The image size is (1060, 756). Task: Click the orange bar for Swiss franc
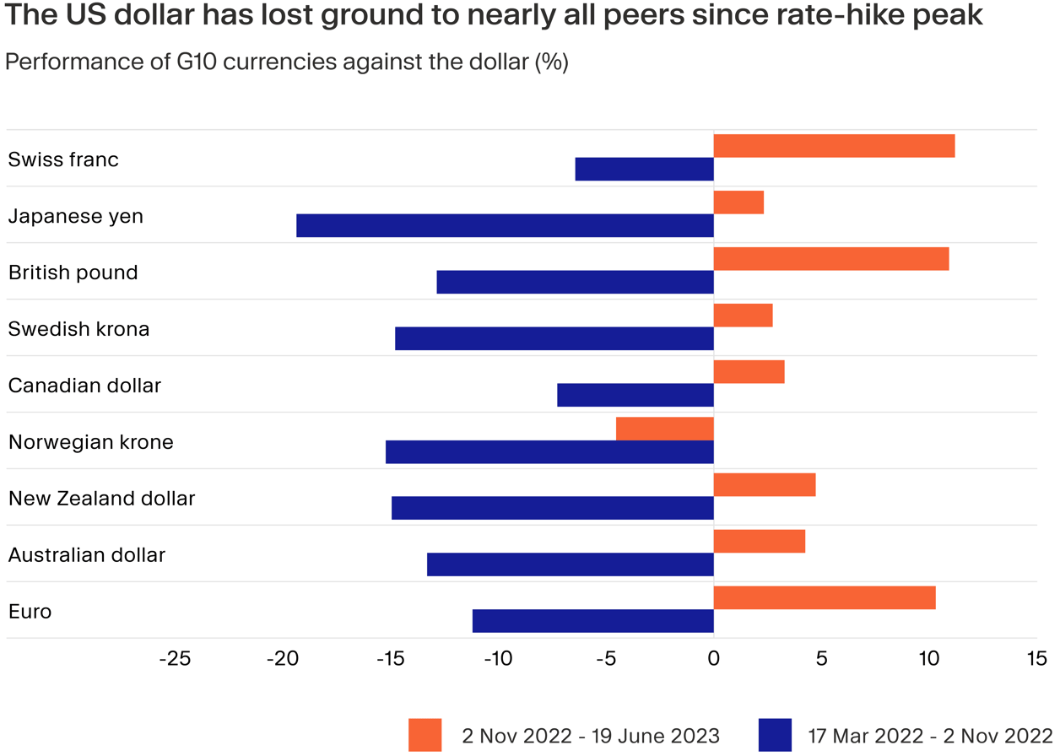pos(834,146)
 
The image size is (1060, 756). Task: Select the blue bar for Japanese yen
pos(505,225)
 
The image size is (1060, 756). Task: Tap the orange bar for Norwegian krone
pos(665,429)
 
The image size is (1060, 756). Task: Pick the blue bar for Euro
pos(592,621)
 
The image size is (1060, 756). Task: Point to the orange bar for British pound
pos(831,259)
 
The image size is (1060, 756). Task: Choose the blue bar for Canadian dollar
pos(635,395)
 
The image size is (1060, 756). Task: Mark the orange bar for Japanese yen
pos(738,202)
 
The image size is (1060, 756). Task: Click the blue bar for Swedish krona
pos(554,338)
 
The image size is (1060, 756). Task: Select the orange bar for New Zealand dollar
pos(765,485)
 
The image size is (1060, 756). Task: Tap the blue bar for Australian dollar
pos(571,564)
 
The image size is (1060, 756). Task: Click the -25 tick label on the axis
pos(175,658)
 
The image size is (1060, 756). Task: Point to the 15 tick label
pos(1036,658)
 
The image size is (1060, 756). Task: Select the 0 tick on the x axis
pos(714,658)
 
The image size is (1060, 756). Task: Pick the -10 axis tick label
pos(498,658)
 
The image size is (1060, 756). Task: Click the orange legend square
pos(425,735)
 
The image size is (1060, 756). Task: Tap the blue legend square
pos(775,735)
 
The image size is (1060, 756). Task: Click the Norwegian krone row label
pos(91,442)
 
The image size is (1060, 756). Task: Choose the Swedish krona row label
pos(78,329)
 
